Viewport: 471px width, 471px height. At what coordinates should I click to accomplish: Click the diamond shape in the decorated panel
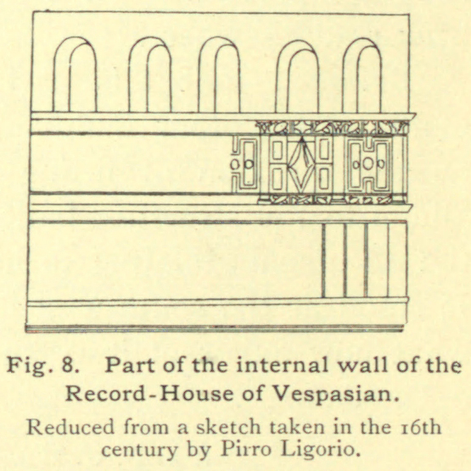[x=301, y=164]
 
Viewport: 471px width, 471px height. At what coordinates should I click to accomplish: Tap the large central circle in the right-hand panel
[x=368, y=164]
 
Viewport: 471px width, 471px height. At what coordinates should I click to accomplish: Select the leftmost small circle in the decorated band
[x=234, y=164]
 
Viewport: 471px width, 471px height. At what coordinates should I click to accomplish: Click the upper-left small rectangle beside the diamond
[x=278, y=150]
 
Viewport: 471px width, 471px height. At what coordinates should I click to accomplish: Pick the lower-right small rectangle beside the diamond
[x=323, y=179]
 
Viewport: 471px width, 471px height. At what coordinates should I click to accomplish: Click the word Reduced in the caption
[x=70, y=427]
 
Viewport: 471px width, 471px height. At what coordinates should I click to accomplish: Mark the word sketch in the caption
[x=228, y=427]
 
